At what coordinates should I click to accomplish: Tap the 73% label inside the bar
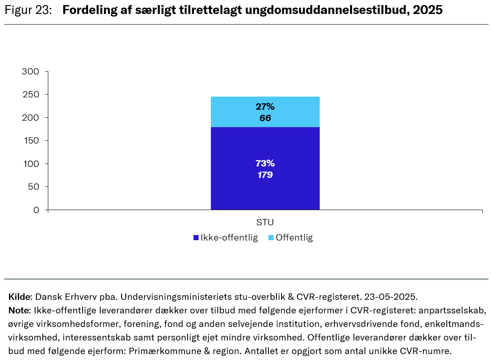[265, 163]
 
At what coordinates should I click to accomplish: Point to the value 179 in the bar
[265, 174]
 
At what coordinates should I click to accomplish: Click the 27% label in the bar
[265, 107]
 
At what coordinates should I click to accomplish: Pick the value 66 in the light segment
[265, 118]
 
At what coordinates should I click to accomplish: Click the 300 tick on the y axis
[30, 72]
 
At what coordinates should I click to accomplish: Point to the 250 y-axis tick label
[30, 94]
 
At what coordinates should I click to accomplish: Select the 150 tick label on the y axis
[30, 141]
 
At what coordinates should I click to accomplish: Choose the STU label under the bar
[265, 222]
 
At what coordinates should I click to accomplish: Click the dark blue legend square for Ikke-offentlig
[196, 238]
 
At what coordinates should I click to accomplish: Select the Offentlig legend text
[294, 238]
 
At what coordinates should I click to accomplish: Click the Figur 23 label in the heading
[28, 10]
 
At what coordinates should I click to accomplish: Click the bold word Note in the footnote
[19, 310]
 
